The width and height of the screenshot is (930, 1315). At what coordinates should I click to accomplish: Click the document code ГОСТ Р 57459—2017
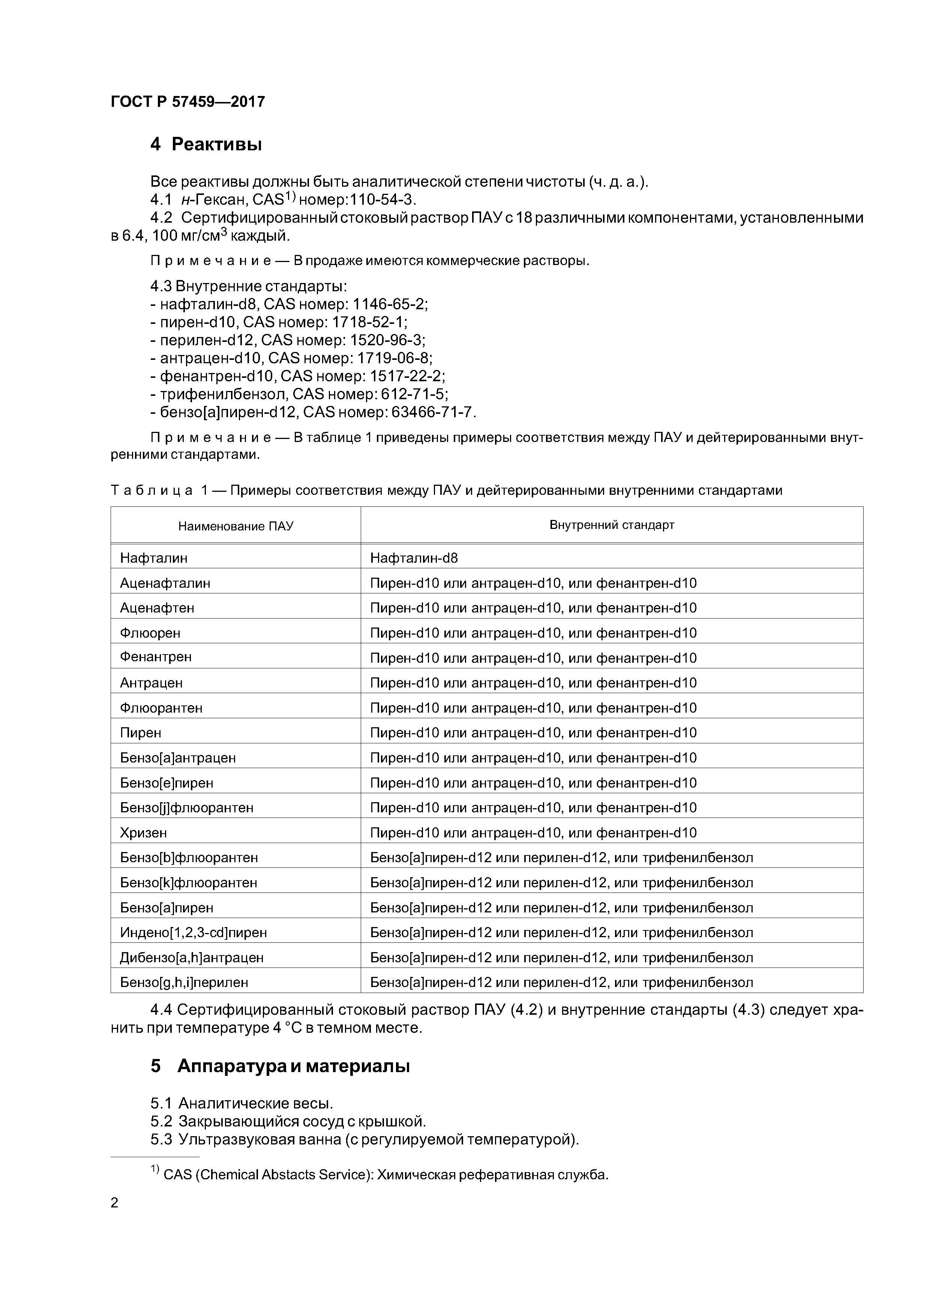click(187, 102)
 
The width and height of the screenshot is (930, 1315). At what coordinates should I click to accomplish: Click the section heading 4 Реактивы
click(206, 144)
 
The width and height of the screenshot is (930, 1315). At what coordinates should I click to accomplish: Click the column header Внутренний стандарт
click(611, 525)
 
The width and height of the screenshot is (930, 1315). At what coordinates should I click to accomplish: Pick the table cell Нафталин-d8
click(414, 558)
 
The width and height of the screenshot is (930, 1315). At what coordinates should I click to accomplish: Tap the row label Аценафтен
click(157, 608)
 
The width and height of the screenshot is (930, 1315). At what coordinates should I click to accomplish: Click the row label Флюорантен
click(161, 708)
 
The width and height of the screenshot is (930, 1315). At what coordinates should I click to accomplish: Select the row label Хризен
click(143, 833)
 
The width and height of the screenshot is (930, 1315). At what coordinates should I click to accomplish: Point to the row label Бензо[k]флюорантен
click(189, 882)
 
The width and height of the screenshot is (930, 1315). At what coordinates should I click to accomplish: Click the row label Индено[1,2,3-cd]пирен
click(193, 932)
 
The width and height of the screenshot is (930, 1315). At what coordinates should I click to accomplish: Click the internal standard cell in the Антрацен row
click(533, 683)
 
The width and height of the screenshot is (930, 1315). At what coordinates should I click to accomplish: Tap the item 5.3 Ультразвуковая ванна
click(364, 1140)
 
